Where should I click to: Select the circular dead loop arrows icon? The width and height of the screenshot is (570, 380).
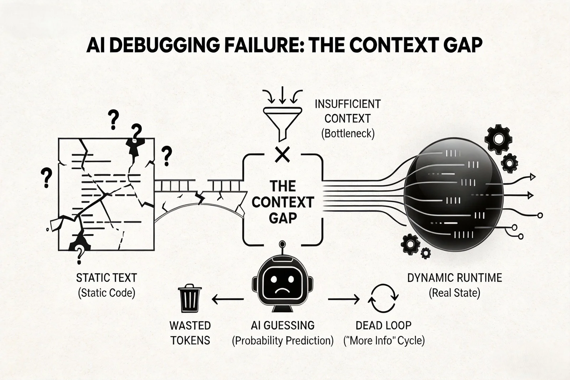point(383,299)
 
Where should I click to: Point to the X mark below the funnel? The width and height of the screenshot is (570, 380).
point(283,155)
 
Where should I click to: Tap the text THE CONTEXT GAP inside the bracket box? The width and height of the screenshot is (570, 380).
point(283,202)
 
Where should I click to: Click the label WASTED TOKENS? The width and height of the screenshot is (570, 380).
point(190,333)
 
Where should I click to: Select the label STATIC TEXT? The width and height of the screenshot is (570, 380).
point(107,278)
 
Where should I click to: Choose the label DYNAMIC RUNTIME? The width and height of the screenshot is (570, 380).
point(455,277)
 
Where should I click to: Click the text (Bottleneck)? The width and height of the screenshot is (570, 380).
point(348,134)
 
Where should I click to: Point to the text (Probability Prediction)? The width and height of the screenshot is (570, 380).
point(283,340)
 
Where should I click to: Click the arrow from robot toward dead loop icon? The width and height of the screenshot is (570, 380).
point(343,300)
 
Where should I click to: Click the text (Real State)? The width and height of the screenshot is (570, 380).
point(455,293)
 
